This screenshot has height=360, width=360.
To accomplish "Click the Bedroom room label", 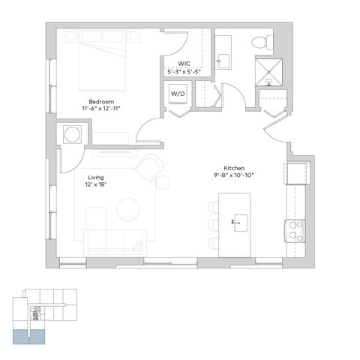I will pos(101,101).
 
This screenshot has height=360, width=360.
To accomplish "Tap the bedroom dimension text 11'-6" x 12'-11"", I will pos(101,109).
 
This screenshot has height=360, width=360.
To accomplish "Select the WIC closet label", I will pos(183,64).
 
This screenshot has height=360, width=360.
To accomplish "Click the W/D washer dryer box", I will pos(178,94).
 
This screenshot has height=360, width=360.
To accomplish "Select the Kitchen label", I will pos(234,168).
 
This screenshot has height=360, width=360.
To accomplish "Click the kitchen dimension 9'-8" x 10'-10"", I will pos(234,175).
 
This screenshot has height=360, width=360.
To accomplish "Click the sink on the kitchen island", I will pos(241,222).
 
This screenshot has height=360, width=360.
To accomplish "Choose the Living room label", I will pos(95,178).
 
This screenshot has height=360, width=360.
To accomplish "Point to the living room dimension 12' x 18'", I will pos(95,185).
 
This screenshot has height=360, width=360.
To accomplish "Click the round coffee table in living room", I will pos(128,208).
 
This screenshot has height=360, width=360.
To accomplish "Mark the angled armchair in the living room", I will pos(150,166).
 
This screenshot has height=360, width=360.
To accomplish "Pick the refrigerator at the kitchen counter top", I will pos(295,172).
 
